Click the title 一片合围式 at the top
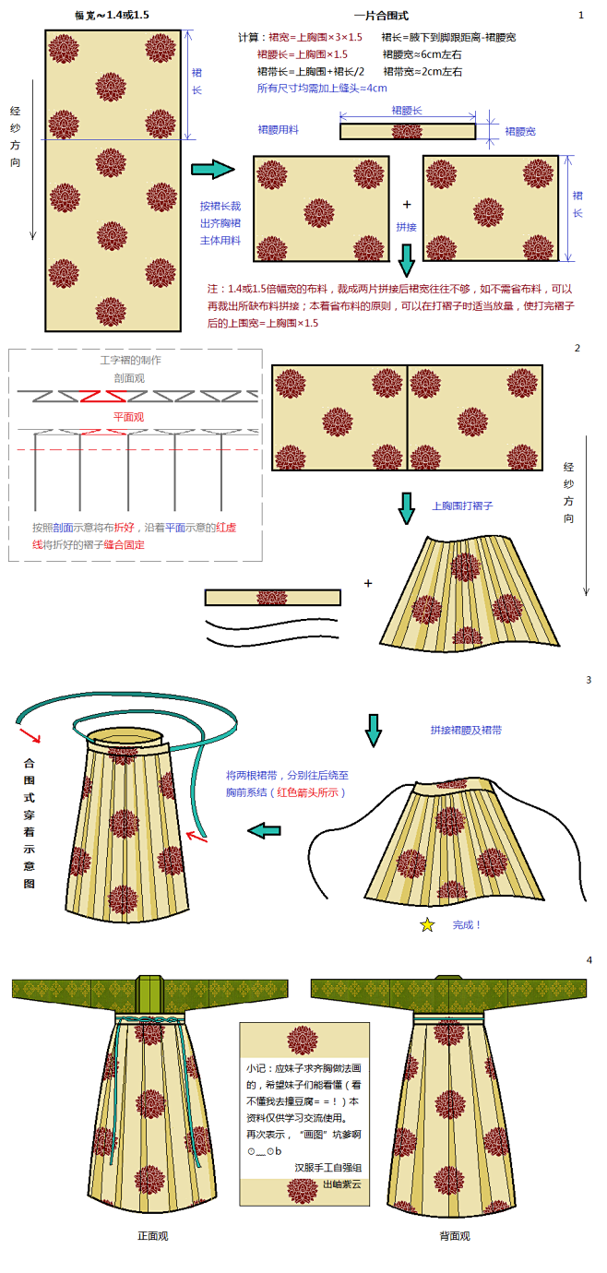(381, 16)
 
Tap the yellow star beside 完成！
(427, 924)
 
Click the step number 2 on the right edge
(577, 348)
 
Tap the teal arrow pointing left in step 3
(265, 830)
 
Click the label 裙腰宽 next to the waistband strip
(519, 132)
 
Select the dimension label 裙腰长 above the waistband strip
(407, 111)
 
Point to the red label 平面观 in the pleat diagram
(129, 416)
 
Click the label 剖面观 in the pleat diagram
(129, 378)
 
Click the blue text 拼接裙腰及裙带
(466, 730)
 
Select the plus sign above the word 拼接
(407, 205)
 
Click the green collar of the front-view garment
(149, 993)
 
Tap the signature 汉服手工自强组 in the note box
(328, 1167)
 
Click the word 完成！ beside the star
(467, 924)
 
